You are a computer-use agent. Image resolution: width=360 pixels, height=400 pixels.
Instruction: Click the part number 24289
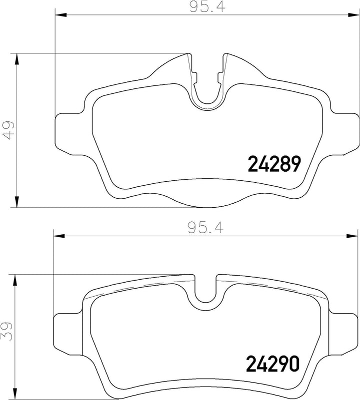pyautogui.click(x=273, y=164)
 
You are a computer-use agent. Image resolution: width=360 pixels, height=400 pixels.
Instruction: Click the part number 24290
pyautogui.click(x=272, y=364)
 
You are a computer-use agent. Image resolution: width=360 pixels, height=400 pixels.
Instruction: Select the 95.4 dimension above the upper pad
pyautogui.click(x=207, y=7)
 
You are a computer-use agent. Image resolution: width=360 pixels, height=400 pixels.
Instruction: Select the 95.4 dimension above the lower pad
pyautogui.click(x=205, y=228)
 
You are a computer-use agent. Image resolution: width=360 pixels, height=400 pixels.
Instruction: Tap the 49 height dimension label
pyautogui.click(x=9, y=130)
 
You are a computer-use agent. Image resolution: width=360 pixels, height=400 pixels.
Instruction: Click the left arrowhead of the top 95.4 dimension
pyautogui.click(x=61, y=15)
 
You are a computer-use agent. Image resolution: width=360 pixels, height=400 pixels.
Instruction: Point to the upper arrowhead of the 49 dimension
pyautogui.click(x=17, y=59)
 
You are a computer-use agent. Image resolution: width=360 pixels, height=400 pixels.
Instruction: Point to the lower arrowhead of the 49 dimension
pyautogui.click(x=17, y=202)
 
